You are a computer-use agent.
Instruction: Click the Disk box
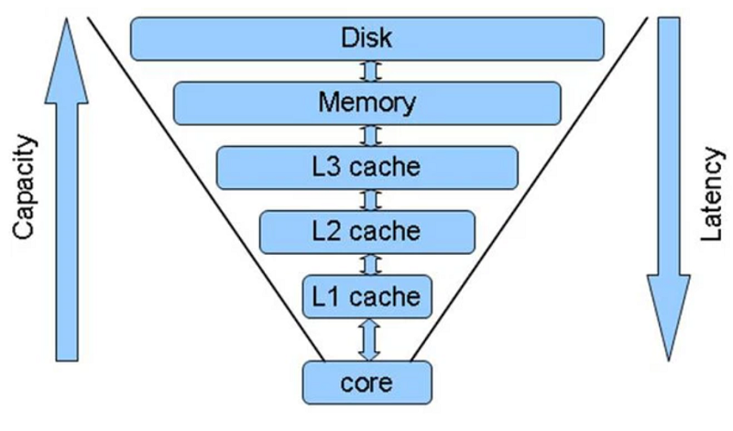tap(367, 38)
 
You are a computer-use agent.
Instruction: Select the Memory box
tap(367, 102)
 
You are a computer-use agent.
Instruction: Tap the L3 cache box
tap(367, 167)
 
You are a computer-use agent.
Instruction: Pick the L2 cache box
tap(367, 231)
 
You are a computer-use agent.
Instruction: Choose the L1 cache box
tap(367, 295)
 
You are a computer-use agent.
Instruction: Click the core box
tap(367, 381)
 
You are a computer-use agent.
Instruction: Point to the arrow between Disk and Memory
tap(367, 71)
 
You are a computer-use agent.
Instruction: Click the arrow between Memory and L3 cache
tap(368, 135)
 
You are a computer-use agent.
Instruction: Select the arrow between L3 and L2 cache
tap(368, 199)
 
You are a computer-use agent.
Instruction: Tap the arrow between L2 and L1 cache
tap(368, 263)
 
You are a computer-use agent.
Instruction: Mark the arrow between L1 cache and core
tap(368, 338)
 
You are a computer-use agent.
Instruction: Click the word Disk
tap(366, 38)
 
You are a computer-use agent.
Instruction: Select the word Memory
tap(366, 102)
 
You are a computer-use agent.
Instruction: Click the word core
tap(367, 381)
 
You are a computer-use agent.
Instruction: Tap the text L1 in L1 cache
tap(326, 296)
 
